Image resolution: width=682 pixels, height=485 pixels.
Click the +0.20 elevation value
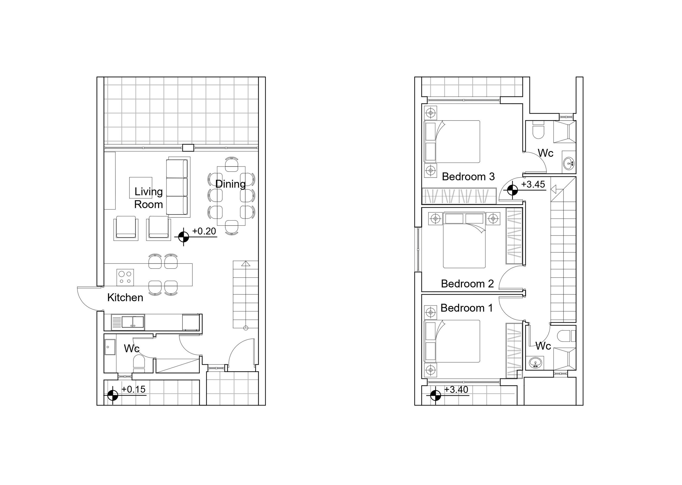204,231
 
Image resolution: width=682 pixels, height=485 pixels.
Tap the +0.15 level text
133,389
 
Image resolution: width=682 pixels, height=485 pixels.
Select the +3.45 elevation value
533,184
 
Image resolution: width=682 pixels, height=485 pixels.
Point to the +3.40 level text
456,389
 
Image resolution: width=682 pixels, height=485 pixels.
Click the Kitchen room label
125,297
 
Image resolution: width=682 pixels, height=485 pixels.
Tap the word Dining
230,184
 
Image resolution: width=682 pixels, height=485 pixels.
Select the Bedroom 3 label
468,176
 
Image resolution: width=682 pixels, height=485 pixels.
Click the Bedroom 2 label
468,283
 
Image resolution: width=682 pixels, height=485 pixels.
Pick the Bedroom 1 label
467,308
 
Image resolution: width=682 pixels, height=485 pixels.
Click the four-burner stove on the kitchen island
125,277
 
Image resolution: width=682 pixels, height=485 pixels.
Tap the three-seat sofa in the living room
178,187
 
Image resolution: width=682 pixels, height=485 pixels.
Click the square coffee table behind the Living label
140,188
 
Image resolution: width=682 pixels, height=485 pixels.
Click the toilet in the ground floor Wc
139,363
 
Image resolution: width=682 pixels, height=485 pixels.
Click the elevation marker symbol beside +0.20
184,237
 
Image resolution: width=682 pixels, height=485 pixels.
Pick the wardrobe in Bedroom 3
459,196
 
